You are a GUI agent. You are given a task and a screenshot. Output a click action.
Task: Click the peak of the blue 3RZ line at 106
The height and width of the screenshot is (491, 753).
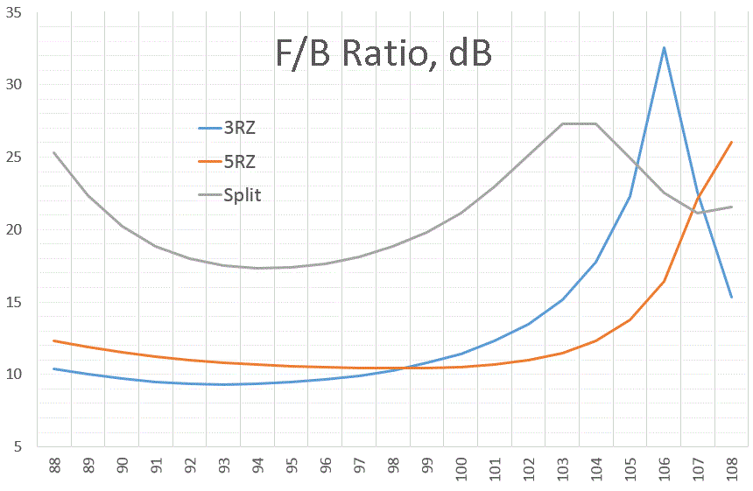664,47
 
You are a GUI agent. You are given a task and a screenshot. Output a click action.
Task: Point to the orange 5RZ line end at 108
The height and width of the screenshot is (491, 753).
731,142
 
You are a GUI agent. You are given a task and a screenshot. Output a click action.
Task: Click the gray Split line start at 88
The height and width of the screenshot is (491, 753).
54,152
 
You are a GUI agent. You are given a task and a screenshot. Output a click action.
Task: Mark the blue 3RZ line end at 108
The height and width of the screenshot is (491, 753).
731,298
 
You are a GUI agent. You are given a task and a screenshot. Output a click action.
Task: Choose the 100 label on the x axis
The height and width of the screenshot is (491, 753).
461,467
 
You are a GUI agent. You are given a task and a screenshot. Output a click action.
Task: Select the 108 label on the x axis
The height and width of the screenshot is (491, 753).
731,467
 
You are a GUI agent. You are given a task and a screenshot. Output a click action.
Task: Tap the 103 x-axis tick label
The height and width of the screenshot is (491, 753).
562,467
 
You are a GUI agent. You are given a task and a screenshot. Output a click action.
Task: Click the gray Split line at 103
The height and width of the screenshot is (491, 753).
562,123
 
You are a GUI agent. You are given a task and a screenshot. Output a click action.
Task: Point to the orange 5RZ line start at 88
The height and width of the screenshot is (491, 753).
54,340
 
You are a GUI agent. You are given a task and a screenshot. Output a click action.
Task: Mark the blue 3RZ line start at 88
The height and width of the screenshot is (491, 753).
54,368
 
